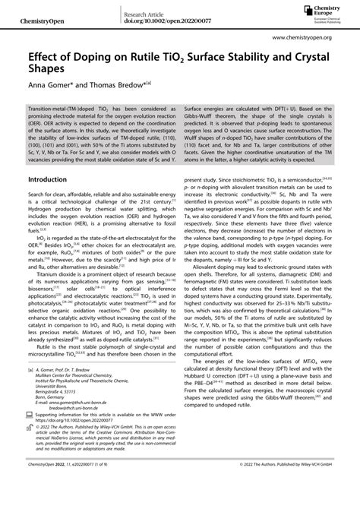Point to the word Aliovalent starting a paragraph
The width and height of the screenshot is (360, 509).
coord(210,290)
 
